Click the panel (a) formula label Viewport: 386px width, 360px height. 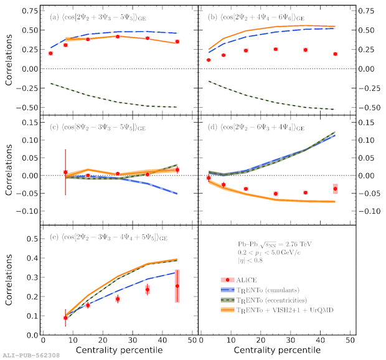coord(103,17)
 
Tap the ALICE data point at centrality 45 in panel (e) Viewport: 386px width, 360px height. coord(177,286)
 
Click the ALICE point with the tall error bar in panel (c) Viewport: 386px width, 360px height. coord(65,173)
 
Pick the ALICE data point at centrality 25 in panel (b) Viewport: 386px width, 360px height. coord(275,49)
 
